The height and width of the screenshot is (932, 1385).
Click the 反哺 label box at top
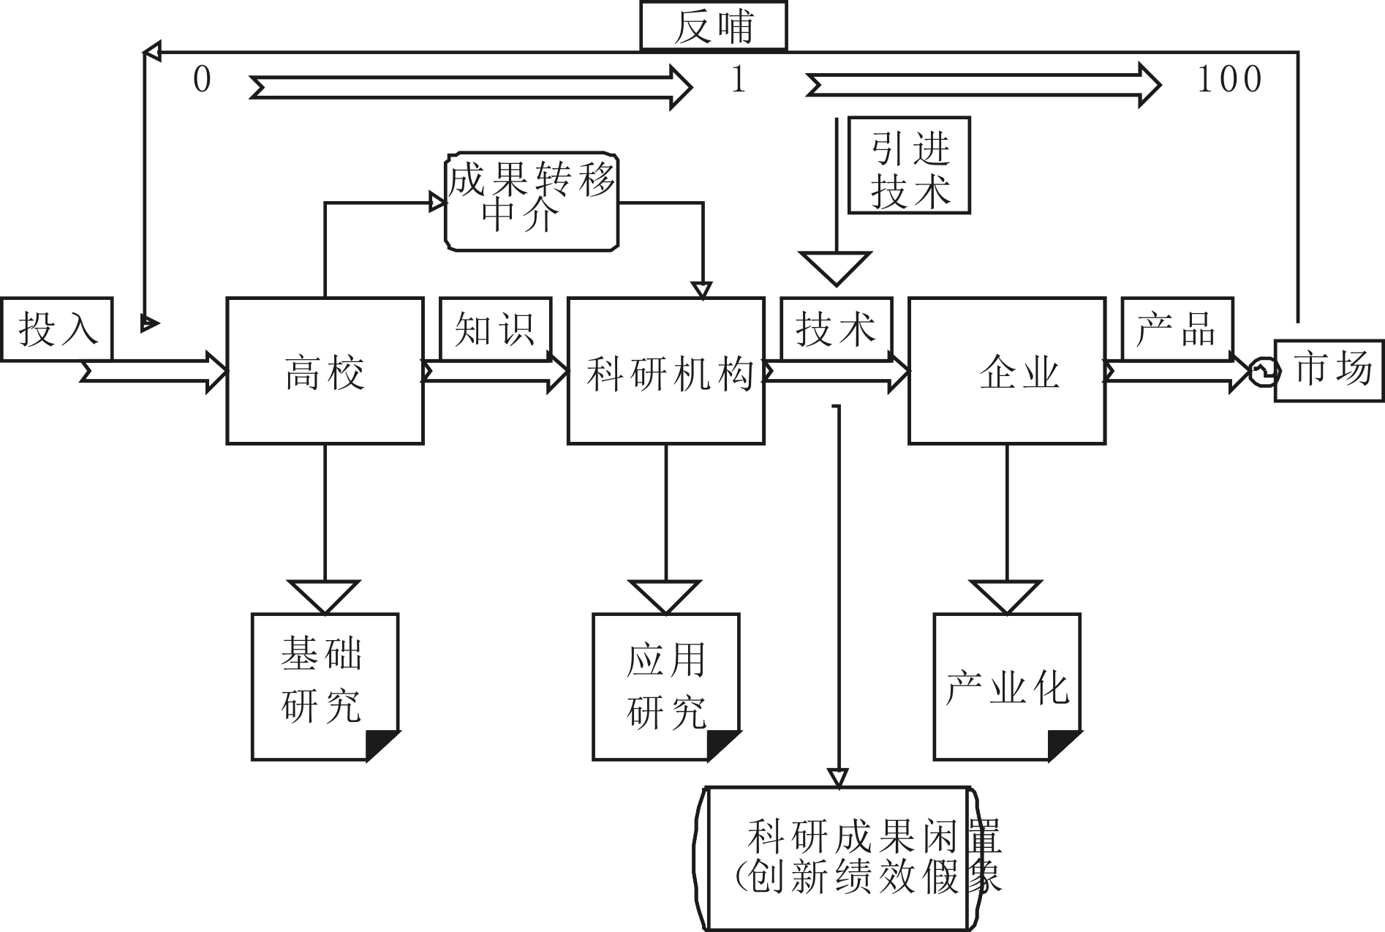coord(713,27)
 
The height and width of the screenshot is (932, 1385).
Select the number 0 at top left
coord(202,79)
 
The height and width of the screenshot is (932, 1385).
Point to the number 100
coord(1229,79)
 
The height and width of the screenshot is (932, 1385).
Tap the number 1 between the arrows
coord(739,79)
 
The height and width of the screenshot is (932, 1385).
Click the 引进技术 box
coord(909,165)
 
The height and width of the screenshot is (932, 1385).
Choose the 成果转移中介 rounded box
coord(532,201)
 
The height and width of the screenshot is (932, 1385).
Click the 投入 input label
coord(57,328)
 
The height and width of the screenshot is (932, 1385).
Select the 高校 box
coord(325,371)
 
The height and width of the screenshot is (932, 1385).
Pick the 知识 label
coord(495,328)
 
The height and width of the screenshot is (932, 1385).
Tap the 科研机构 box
coord(666,371)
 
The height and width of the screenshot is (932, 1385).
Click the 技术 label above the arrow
coord(836,328)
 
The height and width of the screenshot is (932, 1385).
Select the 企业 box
coord(1007,371)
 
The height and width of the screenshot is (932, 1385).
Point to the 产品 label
coord(1177,328)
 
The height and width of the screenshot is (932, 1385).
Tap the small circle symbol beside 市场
coord(1264,372)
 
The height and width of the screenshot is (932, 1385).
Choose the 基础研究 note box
coord(324,687)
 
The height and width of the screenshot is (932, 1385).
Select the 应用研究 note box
coord(665,687)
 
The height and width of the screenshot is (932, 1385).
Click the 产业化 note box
coord(1006,687)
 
